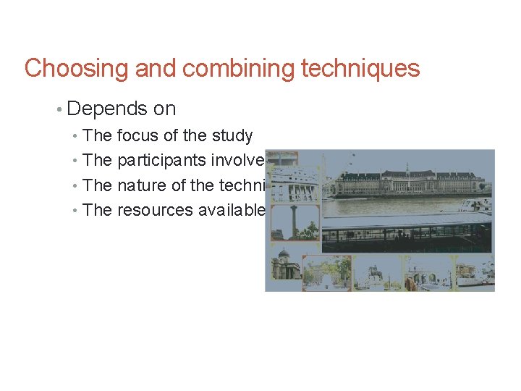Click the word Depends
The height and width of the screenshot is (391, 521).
(x=106, y=109)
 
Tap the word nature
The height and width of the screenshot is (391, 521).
(x=140, y=185)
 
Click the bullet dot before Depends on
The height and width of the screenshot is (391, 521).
(x=58, y=109)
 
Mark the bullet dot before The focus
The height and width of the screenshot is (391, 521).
(x=77, y=136)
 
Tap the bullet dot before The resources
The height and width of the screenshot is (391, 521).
(x=77, y=211)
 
